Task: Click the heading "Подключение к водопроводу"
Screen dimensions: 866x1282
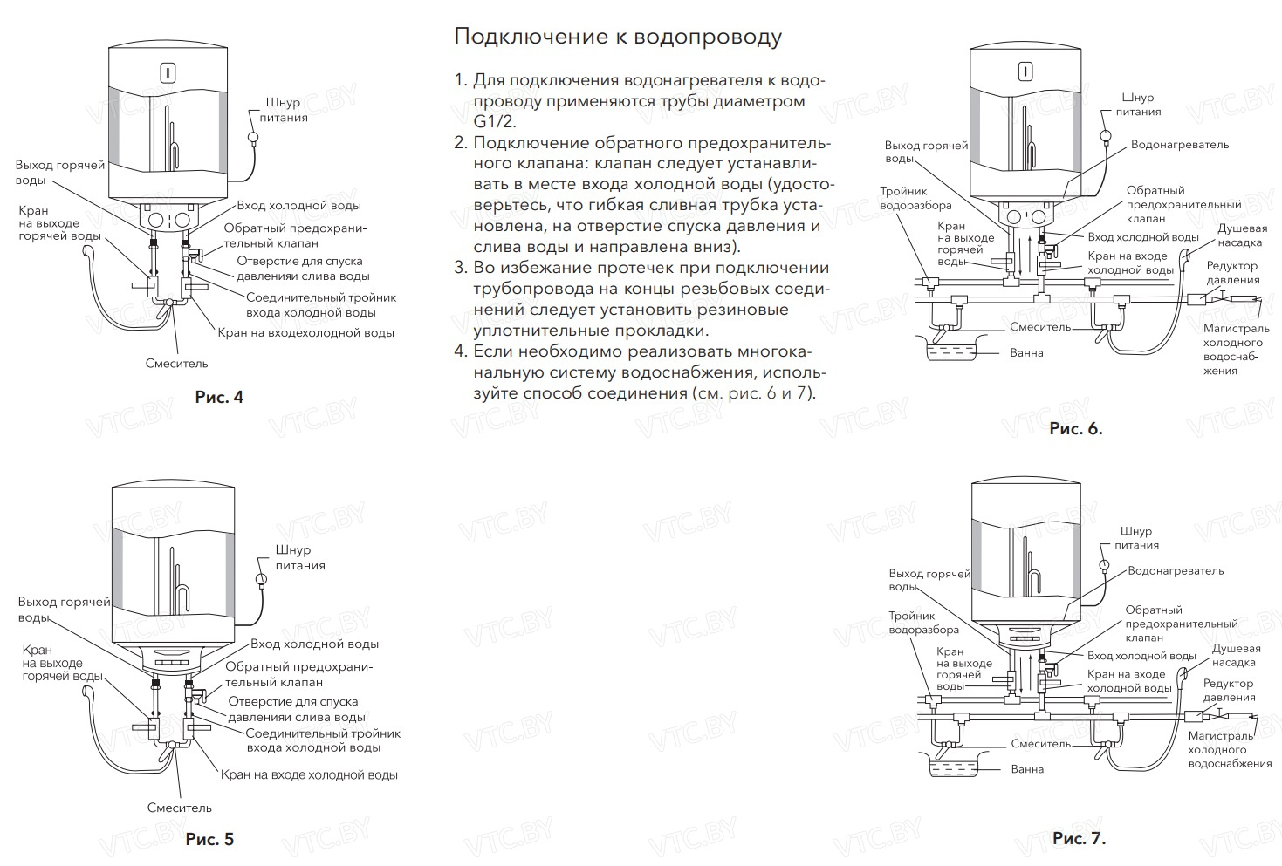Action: click(618, 37)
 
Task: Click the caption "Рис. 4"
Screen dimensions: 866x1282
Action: click(219, 398)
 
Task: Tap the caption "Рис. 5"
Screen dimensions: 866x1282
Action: click(209, 840)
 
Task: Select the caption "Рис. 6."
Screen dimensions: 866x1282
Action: click(1075, 428)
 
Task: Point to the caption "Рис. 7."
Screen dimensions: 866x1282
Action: click(1079, 838)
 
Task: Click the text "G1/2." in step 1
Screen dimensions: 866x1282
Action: click(495, 121)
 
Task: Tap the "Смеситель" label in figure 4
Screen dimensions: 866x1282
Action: click(177, 363)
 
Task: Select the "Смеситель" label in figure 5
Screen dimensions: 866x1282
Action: click(180, 808)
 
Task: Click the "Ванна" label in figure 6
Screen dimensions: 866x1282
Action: click(1026, 353)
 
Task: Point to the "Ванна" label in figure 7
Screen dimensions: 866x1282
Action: click(1027, 769)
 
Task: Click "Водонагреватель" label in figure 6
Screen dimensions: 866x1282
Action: click(1179, 145)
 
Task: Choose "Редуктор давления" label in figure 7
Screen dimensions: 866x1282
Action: click(1229, 691)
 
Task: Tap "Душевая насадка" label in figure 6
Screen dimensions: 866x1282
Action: click(1242, 235)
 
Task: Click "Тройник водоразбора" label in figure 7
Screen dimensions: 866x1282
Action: click(923, 623)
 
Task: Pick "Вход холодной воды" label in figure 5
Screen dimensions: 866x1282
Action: click(314, 644)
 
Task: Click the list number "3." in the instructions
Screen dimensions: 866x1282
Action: click(462, 268)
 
